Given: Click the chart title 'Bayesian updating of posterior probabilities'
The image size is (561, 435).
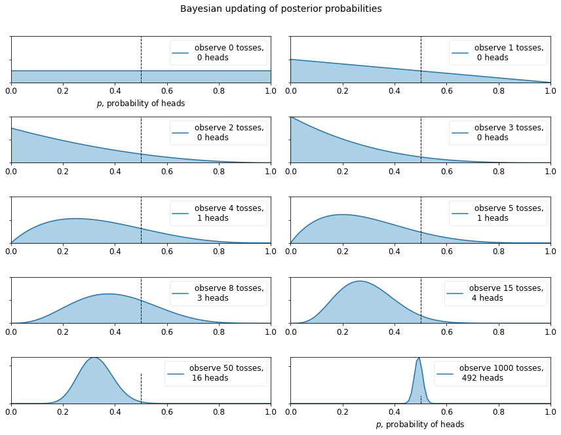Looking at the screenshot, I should (x=280, y=9).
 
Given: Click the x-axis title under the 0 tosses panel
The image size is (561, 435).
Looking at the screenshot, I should (x=141, y=104).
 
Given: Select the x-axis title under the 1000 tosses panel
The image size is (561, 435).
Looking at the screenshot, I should (x=420, y=425).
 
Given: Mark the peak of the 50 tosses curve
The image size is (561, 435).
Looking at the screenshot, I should (x=94, y=358).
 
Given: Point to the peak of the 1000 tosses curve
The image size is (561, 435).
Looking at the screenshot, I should (x=419, y=358).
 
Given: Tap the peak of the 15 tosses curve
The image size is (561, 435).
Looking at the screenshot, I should (x=360, y=281).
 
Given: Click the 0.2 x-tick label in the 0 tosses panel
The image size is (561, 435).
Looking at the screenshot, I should (x=63, y=90).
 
